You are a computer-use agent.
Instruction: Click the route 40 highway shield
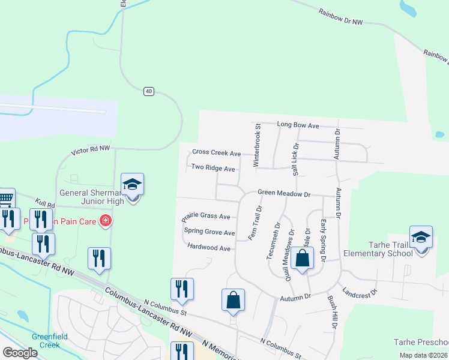(149, 91)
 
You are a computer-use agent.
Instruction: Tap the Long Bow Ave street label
(298, 125)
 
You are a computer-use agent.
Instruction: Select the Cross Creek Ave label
(216, 154)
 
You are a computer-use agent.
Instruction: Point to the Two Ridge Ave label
(212, 169)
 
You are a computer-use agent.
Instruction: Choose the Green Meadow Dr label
(283, 194)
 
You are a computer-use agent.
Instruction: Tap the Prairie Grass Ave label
(207, 216)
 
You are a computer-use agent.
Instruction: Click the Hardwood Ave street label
(209, 248)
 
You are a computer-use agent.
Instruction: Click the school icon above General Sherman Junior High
(132, 186)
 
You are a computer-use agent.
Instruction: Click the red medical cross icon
(106, 221)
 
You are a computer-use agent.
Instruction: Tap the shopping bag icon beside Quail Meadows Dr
(303, 259)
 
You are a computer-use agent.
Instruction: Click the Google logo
(20, 353)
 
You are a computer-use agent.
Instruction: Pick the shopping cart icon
(6, 199)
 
